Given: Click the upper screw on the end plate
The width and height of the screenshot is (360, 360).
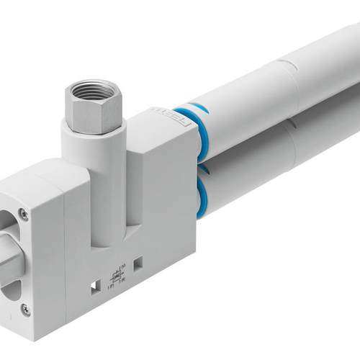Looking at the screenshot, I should (x=23, y=213).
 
